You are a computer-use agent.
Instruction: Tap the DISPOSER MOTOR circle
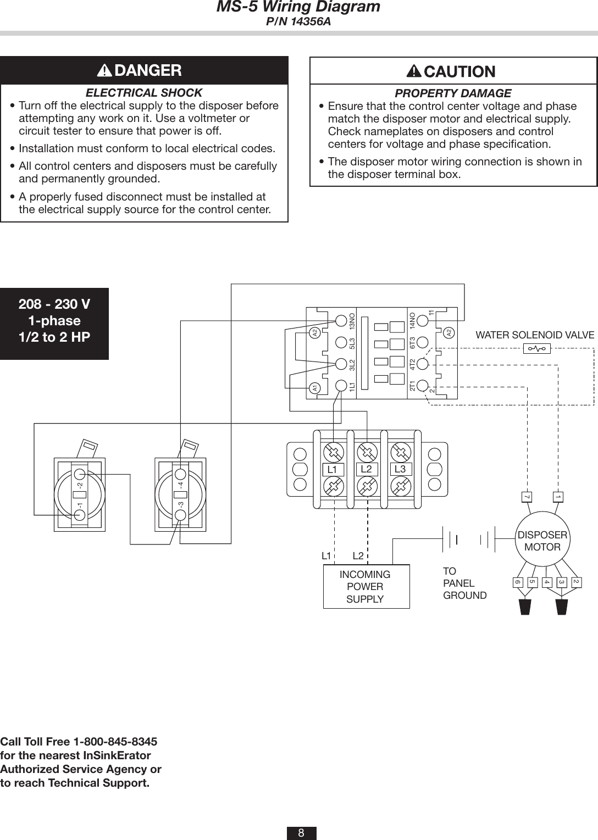click(x=542, y=542)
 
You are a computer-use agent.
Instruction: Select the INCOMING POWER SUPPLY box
click(x=366, y=587)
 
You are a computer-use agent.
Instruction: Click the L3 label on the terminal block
click(x=400, y=469)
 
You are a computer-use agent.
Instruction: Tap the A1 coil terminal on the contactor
click(x=315, y=388)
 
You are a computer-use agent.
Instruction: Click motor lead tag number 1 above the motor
click(x=557, y=497)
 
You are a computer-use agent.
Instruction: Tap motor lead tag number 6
click(x=517, y=582)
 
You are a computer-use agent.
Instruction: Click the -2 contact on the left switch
click(x=80, y=475)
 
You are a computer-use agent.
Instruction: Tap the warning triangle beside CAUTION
click(x=414, y=71)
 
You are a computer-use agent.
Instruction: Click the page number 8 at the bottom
click(x=301, y=833)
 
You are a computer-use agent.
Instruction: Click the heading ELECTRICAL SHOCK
click(x=145, y=93)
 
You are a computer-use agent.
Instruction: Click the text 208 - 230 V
click(x=54, y=304)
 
